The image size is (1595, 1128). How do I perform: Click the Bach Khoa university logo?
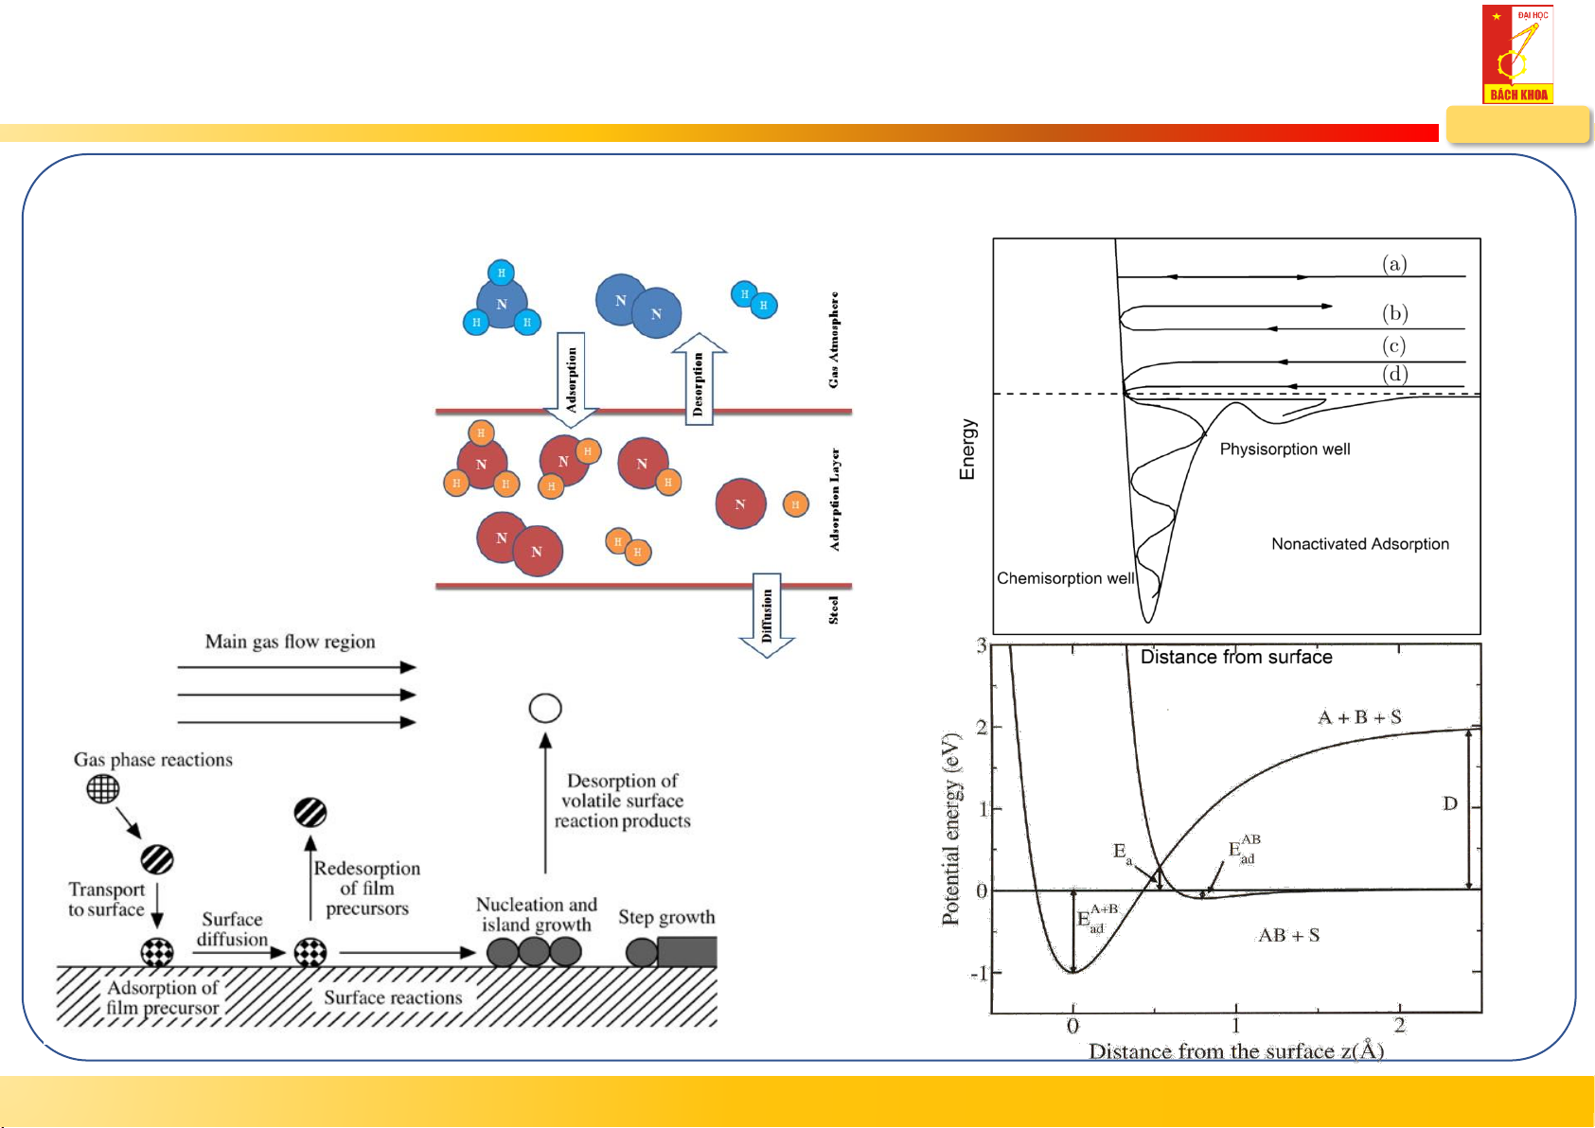click(x=1517, y=54)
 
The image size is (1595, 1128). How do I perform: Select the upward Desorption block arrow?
click(x=699, y=379)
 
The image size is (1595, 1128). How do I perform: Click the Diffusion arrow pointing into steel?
click(x=766, y=615)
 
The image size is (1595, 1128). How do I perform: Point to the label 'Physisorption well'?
click(x=1285, y=449)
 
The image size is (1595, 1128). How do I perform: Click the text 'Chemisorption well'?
click(x=1065, y=578)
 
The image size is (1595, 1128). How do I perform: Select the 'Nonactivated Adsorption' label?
click(x=1359, y=544)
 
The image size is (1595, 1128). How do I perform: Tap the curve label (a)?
click(x=1393, y=264)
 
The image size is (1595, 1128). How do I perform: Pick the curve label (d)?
click(x=1394, y=374)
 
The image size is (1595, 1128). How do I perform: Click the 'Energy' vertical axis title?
click(x=966, y=449)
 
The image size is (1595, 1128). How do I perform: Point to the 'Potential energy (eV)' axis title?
click(x=950, y=828)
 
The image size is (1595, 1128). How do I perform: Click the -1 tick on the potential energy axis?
click(x=980, y=974)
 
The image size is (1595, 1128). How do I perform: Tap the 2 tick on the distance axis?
click(x=1399, y=1026)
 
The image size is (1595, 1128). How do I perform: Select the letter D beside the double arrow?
click(x=1449, y=803)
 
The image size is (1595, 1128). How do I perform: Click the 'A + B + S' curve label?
click(x=1359, y=717)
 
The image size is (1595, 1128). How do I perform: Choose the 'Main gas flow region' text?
click(x=290, y=642)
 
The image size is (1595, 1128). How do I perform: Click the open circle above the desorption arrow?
click(x=545, y=708)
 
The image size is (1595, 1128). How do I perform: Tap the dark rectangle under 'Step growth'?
click(x=686, y=951)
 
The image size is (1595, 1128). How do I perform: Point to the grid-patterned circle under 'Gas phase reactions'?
click(x=102, y=788)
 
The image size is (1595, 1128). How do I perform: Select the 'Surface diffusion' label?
click(x=232, y=929)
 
